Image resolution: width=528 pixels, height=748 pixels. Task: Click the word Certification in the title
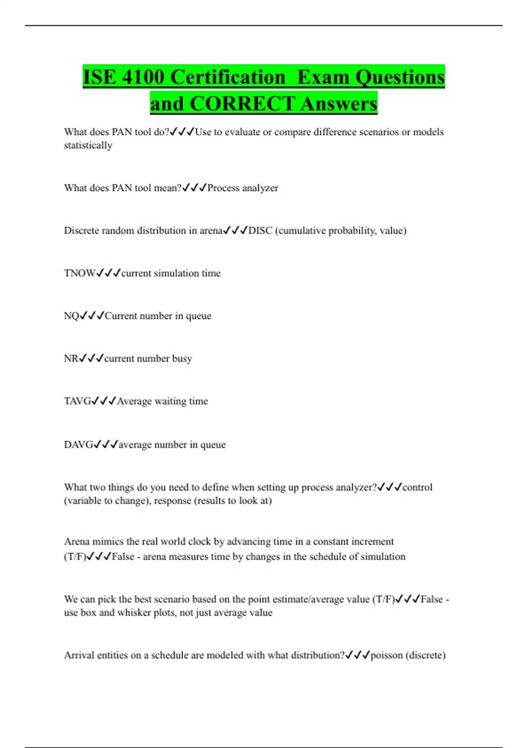pyautogui.click(x=227, y=77)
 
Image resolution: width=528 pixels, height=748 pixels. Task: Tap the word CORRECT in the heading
pyautogui.click(x=242, y=104)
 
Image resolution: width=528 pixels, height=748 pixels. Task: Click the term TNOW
pyautogui.click(x=80, y=273)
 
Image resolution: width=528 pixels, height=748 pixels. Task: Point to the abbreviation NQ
pyautogui.click(x=71, y=316)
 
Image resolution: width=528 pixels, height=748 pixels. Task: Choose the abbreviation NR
pyautogui.click(x=71, y=359)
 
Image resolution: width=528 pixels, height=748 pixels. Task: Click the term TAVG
pyautogui.click(x=77, y=401)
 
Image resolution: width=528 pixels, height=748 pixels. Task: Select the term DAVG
pyautogui.click(x=78, y=445)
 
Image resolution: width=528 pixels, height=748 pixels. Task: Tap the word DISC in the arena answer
pyautogui.click(x=260, y=231)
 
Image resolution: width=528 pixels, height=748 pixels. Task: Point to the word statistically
pyautogui.click(x=88, y=146)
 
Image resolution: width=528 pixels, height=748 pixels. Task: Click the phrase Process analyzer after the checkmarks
pyautogui.click(x=242, y=188)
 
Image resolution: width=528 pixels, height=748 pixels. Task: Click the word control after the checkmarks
pyautogui.click(x=418, y=488)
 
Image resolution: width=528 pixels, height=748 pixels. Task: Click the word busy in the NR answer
pyautogui.click(x=182, y=359)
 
